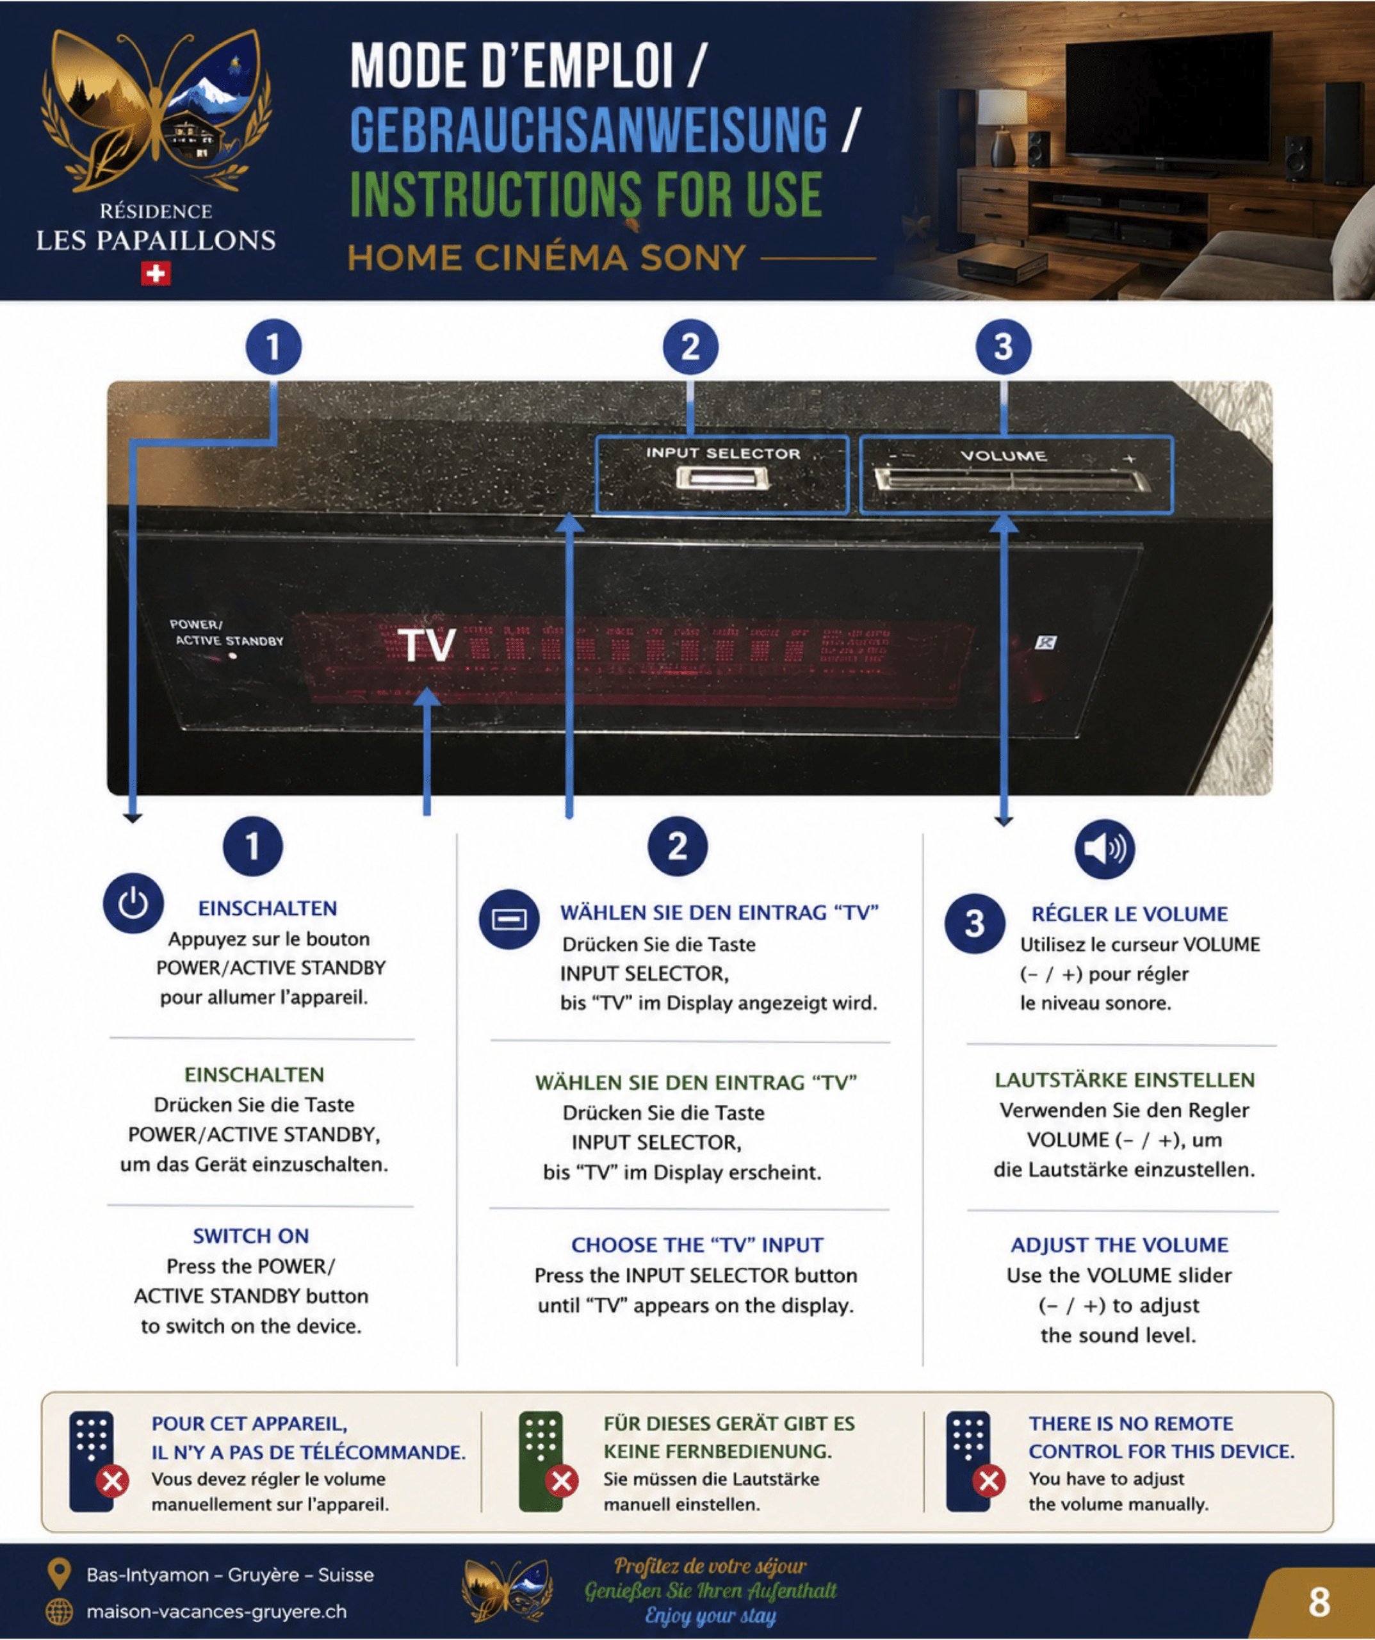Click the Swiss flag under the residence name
click(156, 274)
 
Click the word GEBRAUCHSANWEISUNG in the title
click(588, 131)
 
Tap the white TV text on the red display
click(427, 644)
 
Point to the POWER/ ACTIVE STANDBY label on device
click(225, 632)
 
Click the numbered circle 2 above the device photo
click(690, 347)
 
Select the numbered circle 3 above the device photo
click(1004, 347)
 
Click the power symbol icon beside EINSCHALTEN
click(133, 903)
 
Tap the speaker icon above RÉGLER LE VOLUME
click(1104, 849)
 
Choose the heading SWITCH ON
click(250, 1236)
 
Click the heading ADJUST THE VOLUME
click(1119, 1245)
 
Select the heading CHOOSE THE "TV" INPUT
click(697, 1245)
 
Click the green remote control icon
click(541, 1461)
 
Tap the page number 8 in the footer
click(1319, 1602)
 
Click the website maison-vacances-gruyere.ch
click(216, 1611)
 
